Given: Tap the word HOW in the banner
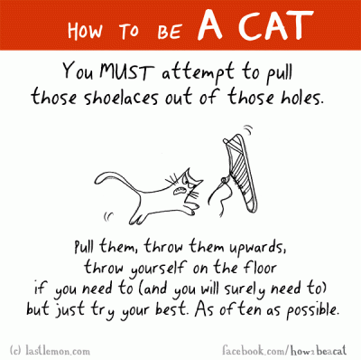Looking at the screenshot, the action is tap(85, 31).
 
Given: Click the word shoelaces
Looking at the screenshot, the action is tap(121, 98).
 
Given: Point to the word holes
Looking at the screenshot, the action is tap(301, 98).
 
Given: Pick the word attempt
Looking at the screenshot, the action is tap(198, 74).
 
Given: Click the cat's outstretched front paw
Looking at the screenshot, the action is tap(191, 210).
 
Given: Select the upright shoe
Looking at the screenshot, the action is tap(241, 172).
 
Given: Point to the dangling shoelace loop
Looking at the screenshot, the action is tap(219, 197).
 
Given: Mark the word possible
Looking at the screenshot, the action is tap(312, 310).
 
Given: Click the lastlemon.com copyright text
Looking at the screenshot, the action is tap(50, 351).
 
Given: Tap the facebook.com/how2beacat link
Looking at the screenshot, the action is tap(284, 351).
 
